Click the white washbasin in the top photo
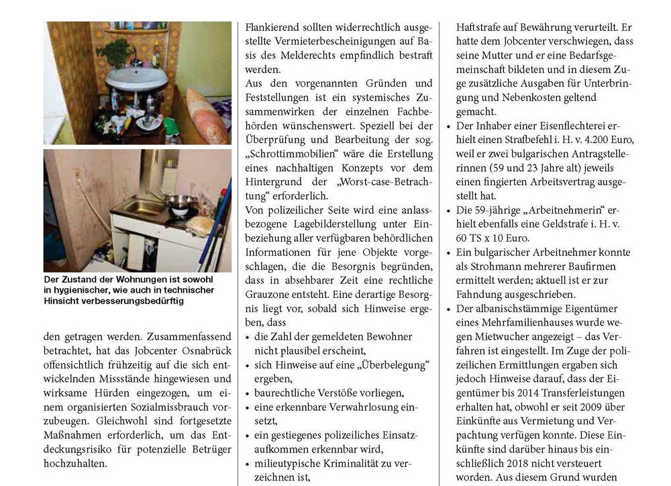click(137, 79)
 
